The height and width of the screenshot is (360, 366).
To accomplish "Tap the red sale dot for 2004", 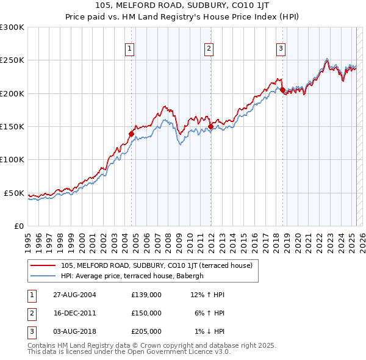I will [x=131, y=134].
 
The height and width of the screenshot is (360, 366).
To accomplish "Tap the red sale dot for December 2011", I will [x=210, y=126].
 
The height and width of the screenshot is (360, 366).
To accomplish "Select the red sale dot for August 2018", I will [x=282, y=90].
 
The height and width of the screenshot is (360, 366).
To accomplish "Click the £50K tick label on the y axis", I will [x=15, y=193].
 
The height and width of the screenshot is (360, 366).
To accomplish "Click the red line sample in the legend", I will [x=43, y=265].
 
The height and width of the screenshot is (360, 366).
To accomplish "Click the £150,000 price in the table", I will [x=146, y=312].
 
